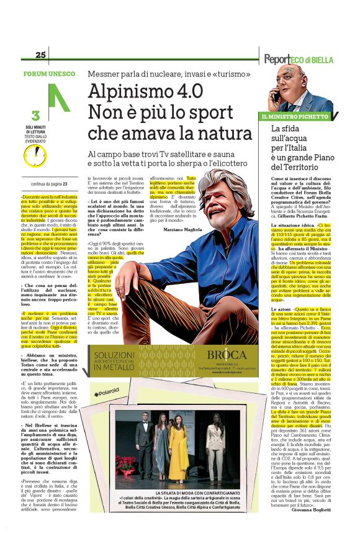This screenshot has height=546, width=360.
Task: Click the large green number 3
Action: point(35,116)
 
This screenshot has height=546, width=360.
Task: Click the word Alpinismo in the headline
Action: point(127,91)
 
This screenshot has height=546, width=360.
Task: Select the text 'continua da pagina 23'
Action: point(48,184)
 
